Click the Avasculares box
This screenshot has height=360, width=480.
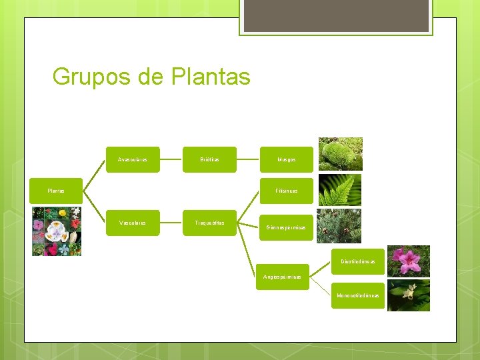point(133,160)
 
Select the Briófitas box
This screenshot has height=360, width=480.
point(209,160)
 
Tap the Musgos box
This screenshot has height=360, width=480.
point(286,160)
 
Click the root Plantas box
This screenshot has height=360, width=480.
point(56,191)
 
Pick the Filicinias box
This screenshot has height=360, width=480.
point(286,191)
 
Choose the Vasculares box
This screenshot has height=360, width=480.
point(133,223)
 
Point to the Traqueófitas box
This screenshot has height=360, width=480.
point(209,223)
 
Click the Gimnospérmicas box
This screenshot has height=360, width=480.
point(286,227)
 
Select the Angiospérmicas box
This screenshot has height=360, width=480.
point(282,277)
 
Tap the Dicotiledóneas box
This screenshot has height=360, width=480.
point(359,261)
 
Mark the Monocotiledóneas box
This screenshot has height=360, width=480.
point(359,295)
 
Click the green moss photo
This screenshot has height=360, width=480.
point(340,154)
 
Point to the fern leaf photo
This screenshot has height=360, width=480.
point(340,190)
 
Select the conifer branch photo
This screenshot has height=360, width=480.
point(339,225)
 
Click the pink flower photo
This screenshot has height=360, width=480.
point(409,261)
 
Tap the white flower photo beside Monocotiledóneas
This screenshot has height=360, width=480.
point(409,295)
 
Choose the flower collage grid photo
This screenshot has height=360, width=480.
point(57,231)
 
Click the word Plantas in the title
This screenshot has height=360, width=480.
point(211,77)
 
